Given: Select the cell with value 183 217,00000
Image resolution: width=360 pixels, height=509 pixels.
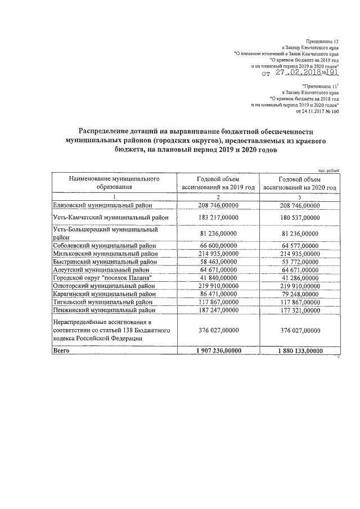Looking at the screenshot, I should [x=218, y=217].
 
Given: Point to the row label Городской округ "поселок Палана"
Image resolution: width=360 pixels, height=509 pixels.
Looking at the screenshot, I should [x=102, y=277].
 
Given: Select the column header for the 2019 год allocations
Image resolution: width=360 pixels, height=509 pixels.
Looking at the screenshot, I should [x=218, y=183].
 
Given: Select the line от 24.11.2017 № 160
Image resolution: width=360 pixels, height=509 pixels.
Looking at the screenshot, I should [x=317, y=111].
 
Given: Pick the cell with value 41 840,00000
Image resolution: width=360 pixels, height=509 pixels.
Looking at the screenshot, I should [x=218, y=277].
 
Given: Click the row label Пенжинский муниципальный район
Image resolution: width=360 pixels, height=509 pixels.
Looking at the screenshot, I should [x=103, y=309].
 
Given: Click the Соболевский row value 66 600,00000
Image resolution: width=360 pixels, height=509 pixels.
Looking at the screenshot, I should [x=218, y=245].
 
